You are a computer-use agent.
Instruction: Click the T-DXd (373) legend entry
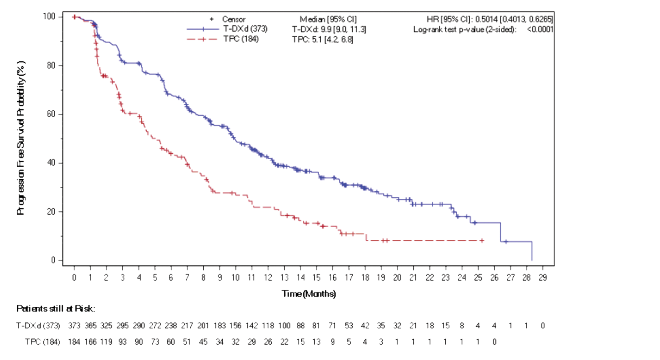[245, 29]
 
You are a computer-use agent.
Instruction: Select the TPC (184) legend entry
[241, 39]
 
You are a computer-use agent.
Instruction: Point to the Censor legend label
[234, 19]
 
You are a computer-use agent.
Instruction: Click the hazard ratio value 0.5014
[486, 19]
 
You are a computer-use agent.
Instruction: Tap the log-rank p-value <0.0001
[540, 29]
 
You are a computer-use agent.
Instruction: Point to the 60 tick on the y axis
[51, 114]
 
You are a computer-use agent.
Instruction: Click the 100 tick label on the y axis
[49, 16]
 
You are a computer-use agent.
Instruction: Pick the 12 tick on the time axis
[268, 278]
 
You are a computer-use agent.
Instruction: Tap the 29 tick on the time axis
[542, 278]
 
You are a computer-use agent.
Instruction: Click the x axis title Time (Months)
[308, 294]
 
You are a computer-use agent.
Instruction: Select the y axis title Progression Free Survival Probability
[21, 138]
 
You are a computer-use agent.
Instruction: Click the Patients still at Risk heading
[56, 309]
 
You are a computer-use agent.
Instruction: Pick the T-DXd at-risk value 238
[171, 326]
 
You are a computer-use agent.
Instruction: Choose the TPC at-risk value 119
[106, 342]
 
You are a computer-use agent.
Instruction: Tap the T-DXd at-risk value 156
[235, 326]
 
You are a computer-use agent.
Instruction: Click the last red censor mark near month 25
[482, 240]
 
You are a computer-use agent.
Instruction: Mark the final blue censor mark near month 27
[506, 242]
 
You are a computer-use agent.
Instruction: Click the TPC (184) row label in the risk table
[42, 342]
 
